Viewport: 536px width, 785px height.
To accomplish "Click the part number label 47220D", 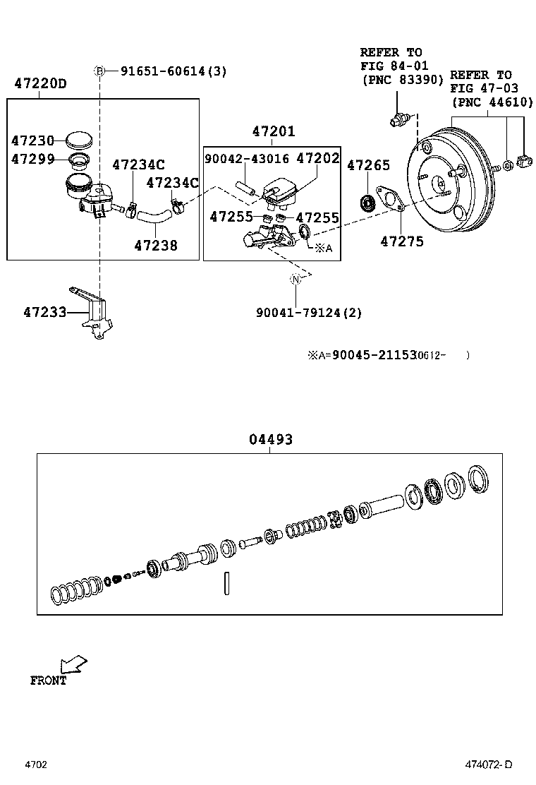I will pos(40,84).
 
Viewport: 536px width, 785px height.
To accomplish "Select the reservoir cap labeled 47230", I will pos(78,140).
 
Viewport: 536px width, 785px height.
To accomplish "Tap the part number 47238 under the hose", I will pos(156,246).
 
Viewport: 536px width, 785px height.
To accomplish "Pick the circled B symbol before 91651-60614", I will pos(100,71).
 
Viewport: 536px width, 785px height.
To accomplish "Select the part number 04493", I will pos(271,439).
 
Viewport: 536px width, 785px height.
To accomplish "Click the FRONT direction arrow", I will pos(73,664).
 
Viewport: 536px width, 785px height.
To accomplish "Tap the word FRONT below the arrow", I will pos(48,681).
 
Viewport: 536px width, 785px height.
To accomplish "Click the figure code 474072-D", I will pos(487,765).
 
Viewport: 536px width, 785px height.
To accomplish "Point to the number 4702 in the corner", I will pos(36,765).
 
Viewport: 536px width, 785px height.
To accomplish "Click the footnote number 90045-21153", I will pos(374,355).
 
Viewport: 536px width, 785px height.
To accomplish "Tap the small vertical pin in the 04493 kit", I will pos(226,582).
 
